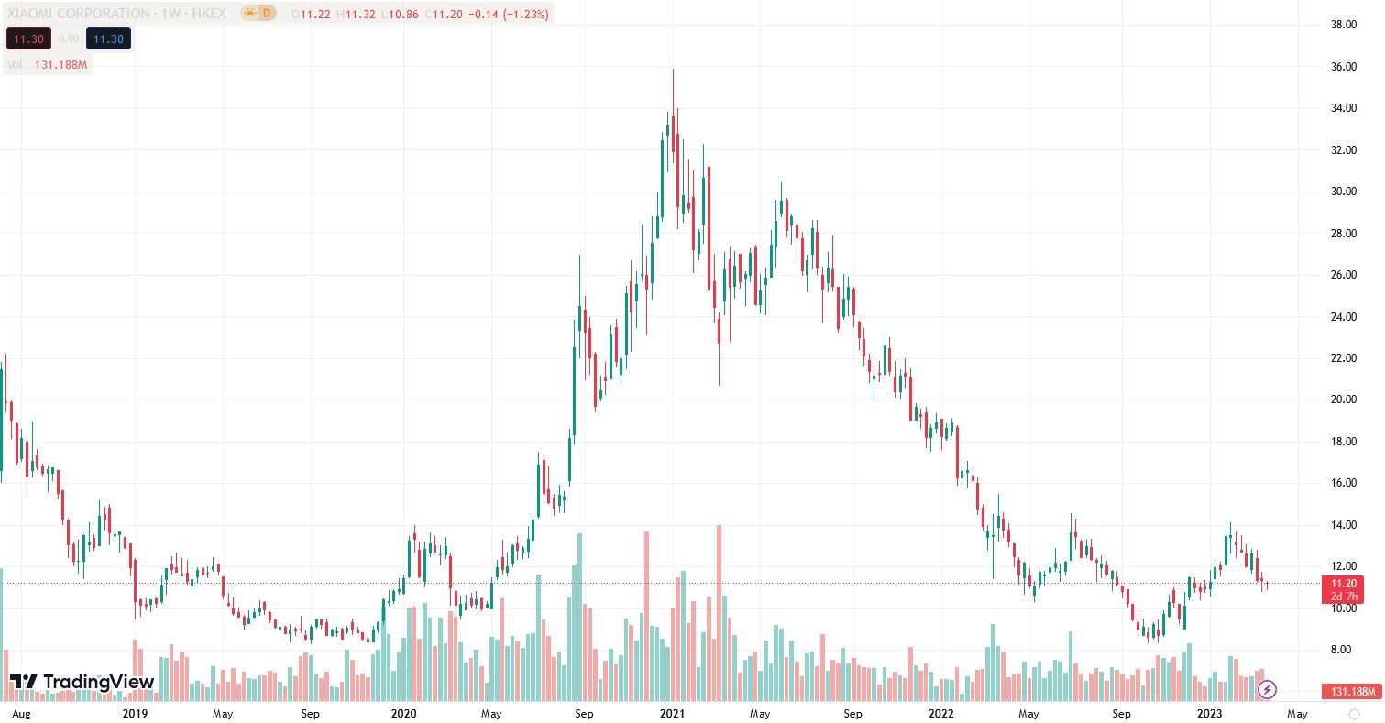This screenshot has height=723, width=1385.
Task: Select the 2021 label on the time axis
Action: point(673,713)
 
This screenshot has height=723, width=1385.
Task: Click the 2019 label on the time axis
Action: point(135,713)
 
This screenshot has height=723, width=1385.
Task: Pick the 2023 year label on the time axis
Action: point(1210,713)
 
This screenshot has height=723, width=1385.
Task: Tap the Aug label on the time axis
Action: point(21,713)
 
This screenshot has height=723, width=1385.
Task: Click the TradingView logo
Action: point(70,682)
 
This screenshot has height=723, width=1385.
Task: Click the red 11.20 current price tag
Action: point(1343,583)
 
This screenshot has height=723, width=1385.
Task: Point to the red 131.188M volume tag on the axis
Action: point(1351,691)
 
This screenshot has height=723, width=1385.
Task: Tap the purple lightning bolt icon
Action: point(1268,689)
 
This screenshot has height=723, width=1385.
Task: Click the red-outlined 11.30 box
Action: point(26,38)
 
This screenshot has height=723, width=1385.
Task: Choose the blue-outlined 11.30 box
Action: point(108,38)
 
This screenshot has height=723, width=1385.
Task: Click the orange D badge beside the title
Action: point(266,14)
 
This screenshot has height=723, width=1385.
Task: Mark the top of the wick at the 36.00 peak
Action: point(673,70)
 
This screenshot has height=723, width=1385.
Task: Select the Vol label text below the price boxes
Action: point(15,64)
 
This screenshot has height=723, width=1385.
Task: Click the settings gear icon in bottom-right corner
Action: point(1354,713)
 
